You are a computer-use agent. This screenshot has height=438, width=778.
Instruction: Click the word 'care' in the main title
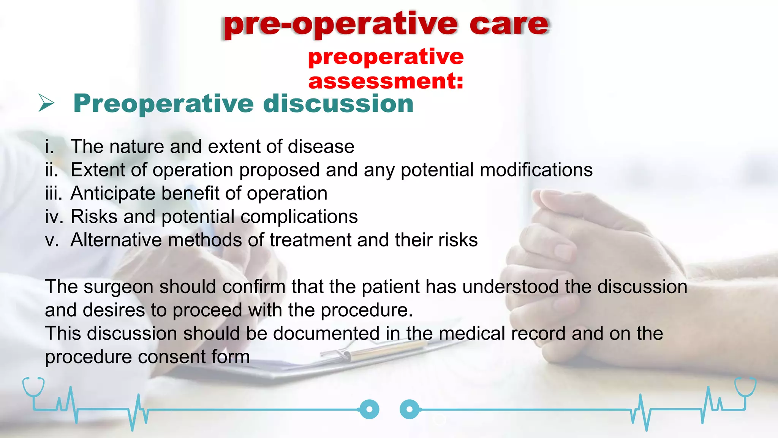click(509, 24)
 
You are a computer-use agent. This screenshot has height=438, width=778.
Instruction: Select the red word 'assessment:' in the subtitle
click(386, 81)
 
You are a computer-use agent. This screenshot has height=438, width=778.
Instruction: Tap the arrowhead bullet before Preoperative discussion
click(46, 103)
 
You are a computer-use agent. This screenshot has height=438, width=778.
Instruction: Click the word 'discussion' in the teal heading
click(338, 103)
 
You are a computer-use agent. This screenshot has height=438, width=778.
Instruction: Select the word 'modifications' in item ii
click(536, 170)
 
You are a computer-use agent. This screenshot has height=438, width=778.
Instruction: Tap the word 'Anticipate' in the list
click(113, 193)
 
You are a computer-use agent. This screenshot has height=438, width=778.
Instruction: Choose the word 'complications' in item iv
click(299, 217)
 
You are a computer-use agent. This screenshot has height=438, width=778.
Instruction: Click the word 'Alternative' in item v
click(116, 240)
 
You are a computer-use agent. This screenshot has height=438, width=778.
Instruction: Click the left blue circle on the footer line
click(369, 409)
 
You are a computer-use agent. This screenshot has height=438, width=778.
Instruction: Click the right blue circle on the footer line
click(410, 409)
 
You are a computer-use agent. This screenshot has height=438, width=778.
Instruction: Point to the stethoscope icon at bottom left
click(33, 388)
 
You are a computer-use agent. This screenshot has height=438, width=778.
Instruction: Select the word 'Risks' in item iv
click(94, 217)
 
